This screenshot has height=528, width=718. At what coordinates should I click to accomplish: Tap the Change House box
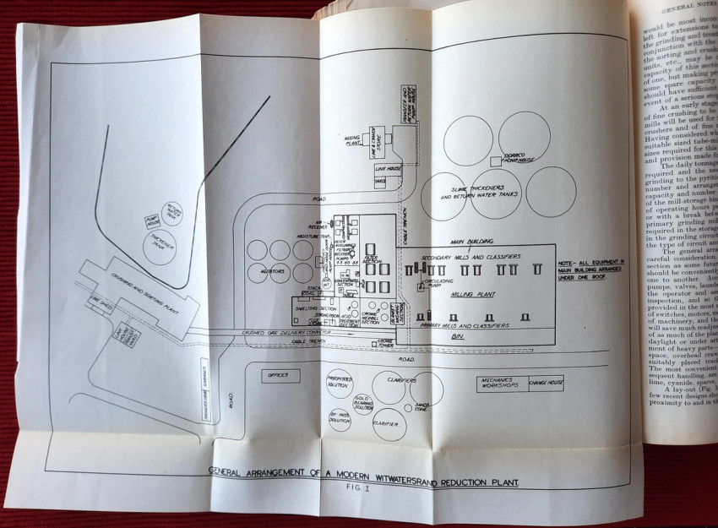coord(546,381)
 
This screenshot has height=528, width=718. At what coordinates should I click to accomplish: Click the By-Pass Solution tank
coord(339,419)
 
